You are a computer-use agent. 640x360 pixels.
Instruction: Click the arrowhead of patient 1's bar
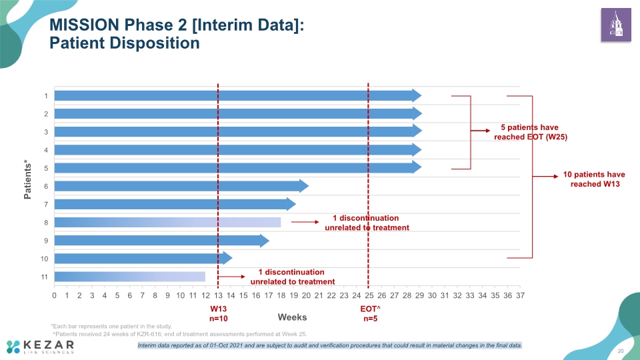pos(417,95)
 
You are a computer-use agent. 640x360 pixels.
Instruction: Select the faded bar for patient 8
pos(168,223)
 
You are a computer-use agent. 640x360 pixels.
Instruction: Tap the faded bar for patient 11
pos(130,277)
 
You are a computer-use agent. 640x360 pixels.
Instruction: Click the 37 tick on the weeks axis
pos(520,295)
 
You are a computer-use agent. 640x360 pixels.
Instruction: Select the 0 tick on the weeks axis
pos(54,295)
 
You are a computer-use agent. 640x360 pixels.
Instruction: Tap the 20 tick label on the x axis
pos(306,295)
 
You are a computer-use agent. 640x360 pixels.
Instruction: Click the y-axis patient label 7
pos(46,205)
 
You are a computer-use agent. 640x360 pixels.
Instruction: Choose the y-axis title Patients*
pos(27,180)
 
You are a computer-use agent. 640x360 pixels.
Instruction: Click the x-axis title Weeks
pos(292,317)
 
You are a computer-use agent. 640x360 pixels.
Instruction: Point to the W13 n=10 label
pos(219,314)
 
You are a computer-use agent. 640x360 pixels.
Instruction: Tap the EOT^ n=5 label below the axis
pos(370,314)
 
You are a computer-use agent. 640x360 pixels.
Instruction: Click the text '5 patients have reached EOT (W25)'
pos(530,132)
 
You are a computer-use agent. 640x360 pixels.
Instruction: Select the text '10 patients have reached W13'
pos(594,179)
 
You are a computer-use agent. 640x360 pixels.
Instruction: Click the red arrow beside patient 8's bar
pos(305,222)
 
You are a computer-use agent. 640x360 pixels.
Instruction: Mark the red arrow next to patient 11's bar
pos(231,277)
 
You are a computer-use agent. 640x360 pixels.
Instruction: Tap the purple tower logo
pos(616,25)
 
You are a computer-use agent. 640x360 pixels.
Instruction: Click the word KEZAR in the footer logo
pos(49,345)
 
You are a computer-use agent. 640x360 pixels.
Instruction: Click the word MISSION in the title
pos(84,25)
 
